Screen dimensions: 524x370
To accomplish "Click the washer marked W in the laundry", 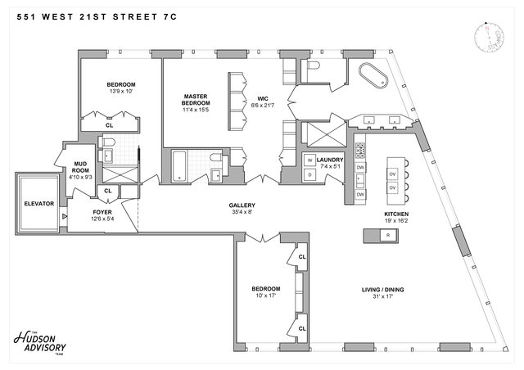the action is [311, 160].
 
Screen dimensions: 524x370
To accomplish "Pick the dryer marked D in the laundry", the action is [311, 174].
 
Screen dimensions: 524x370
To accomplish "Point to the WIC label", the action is [263, 101].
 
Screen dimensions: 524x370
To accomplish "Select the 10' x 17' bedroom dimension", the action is [265, 296].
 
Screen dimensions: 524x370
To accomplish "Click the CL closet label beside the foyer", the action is [106, 191].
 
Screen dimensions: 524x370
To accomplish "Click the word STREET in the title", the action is [136, 11].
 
